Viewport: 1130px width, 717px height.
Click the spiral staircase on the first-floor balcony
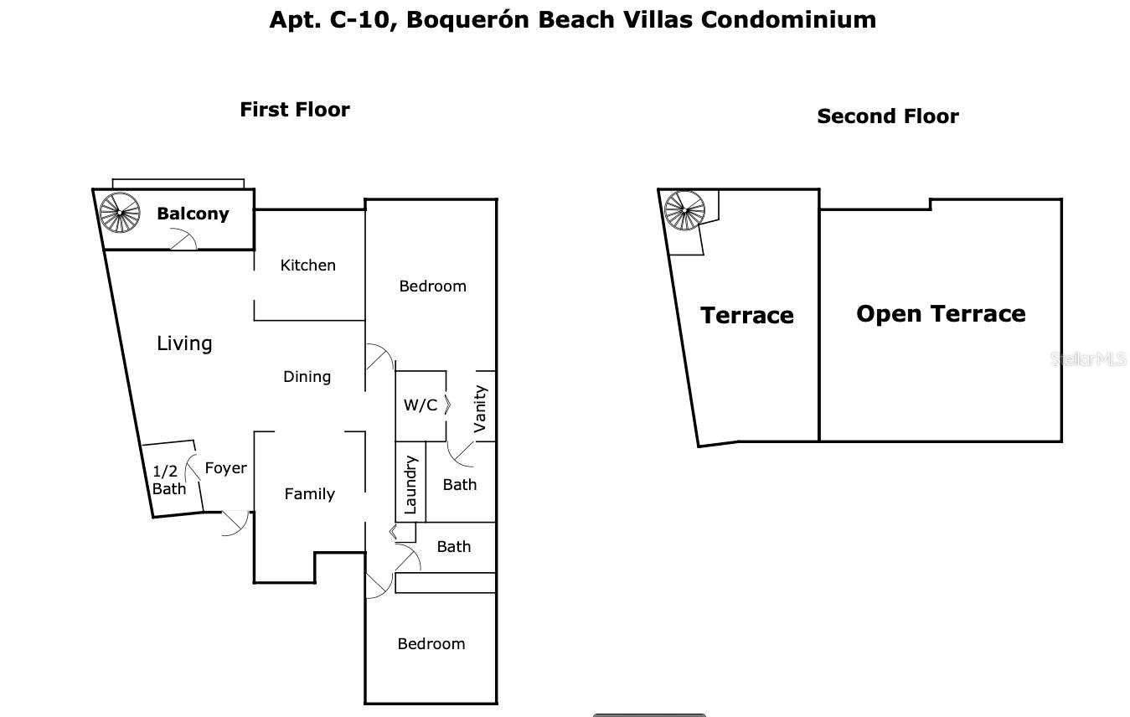click(120, 213)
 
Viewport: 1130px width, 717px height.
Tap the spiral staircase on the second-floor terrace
click(684, 210)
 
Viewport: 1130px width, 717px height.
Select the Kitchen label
click(307, 265)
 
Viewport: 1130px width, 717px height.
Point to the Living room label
click(184, 343)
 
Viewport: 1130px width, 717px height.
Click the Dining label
click(307, 376)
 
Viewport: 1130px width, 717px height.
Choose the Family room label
click(309, 493)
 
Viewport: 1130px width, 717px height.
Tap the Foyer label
click(225, 467)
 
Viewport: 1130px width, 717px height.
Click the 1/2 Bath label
click(168, 480)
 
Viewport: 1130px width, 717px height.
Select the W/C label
click(421, 405)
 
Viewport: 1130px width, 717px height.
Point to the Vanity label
click(480, 409)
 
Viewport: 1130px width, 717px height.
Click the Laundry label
click(410, 485)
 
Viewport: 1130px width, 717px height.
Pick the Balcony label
click(193, 214)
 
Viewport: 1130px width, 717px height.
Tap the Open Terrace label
click(941, 314)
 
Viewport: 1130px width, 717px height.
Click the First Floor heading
click(295, 110)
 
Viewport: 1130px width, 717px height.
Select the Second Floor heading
click(888, 116)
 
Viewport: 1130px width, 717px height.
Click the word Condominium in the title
click(788, 19)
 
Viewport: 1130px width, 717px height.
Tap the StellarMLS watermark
click(1088, 358)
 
